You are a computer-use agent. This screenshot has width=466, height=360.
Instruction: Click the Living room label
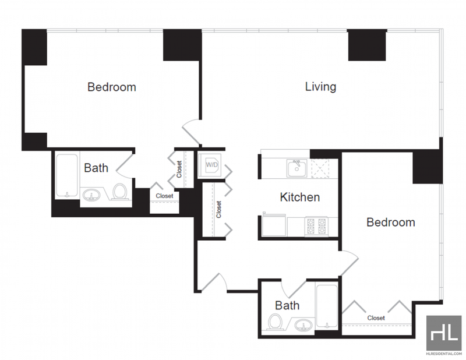(x=321, y=87)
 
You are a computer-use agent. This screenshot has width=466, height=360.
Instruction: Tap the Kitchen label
(x=300, y=197)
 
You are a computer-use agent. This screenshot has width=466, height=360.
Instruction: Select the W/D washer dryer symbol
(x=211, y=165)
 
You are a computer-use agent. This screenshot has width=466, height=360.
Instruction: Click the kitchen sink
(x=296, y=168)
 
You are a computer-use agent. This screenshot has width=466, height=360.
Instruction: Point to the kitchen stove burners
(x=316, y=226)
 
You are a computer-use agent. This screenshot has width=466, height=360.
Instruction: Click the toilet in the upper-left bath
(x=119, y=192)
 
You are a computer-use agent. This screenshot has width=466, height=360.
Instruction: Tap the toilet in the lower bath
(x=276, y=322)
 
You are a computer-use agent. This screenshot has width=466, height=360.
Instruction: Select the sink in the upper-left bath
(x=91, y=195)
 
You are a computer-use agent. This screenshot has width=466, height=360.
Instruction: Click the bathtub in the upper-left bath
(x=67, y=175)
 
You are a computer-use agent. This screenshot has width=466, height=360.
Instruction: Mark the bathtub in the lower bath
(x=327, y=306)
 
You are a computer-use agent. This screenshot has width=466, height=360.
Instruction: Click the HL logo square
(x=444, y=333)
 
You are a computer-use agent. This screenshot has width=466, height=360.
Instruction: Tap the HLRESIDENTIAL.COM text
(x=444, y=354)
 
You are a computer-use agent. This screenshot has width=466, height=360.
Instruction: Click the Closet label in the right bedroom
(x=376, y=318)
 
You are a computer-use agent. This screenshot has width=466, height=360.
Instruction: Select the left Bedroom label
(x=112, y=87)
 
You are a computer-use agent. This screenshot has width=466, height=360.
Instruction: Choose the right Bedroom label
(x=391, y=223)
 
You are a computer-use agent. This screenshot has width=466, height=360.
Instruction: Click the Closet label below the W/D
(x=219, y=210)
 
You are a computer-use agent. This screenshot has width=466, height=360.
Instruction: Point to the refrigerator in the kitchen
(x=274, y=225)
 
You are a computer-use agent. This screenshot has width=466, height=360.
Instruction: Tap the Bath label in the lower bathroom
(x=287, y=306)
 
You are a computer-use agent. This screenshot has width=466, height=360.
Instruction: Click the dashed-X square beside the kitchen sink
(x=320, y=168)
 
